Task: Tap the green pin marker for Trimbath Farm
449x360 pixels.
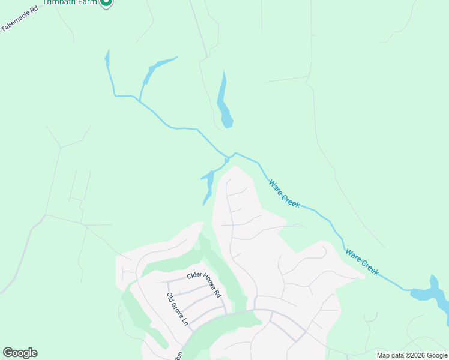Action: point(106,2)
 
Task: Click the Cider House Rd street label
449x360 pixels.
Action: point(204,284)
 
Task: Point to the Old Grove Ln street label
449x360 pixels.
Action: point(178,309)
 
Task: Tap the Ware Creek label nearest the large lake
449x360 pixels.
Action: point(362,262)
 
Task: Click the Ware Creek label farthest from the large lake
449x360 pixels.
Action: point(284,194)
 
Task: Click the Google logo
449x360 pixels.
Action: point(20,353)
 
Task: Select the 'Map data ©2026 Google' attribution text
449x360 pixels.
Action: point(412,355)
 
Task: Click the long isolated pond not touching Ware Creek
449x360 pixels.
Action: point(224,102)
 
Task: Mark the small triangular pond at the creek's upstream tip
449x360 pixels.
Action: point(107,59)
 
